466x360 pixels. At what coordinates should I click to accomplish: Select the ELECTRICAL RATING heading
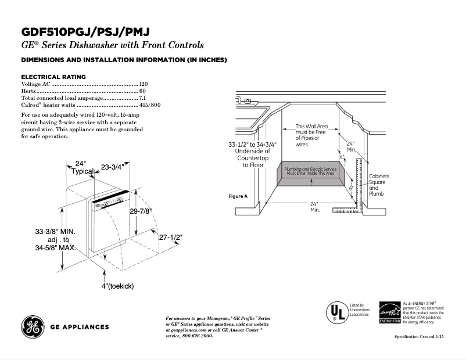(x=53, y=77)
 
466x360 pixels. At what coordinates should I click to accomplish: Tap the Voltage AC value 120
(x=144, y=84)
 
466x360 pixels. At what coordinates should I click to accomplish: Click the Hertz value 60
(x=142, y=91)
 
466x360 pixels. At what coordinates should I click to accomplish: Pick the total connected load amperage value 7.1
(x=142, y=98)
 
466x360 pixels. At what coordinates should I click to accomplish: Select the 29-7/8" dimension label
(x=141, y=211)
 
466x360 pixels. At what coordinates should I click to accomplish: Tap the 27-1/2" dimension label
(x=170, y=237)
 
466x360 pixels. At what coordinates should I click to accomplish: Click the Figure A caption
(x=238, y=196)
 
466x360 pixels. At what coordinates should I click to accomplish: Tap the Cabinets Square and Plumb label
(x=379, y=185)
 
